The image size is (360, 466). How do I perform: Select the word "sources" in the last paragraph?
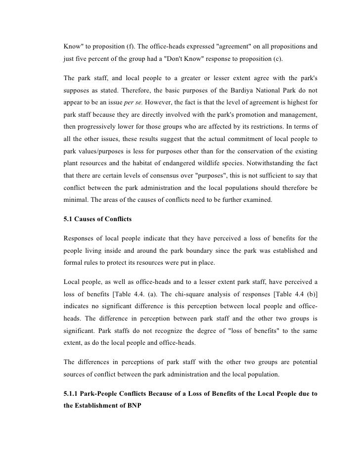pos(76,375)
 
